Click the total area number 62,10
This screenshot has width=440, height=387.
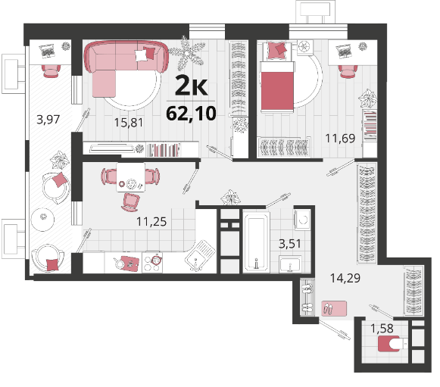pyautogui.click(x=191, y=114)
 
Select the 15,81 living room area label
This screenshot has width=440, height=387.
pyautogui.click(x=129, y=123)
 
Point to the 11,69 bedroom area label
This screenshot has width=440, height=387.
pyautogui.click(x=340, y=139)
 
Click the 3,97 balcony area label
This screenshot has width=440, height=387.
pyautogui.click(x=48, y=120)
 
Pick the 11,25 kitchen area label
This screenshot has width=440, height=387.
pyautogui.click(x=151, y=222)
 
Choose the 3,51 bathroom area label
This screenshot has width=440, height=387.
pyautogui.click(x=290, y=244)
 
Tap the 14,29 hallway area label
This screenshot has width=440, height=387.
pyautogui.click(x=345, y=278)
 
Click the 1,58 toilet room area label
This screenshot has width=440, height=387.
pyautogui.click(x=382, y=329)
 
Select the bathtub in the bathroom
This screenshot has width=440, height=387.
pyautogui.click(x=256, y=242)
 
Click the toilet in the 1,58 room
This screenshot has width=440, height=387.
pyautogui.click(x=392, y=344)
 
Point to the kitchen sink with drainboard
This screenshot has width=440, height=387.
pyautogui.click(x=200, y=255)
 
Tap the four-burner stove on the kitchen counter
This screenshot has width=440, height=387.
pyautogui.click(x=152, y=262)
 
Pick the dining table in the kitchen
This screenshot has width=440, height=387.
pyautogui.click(x=131, y=177)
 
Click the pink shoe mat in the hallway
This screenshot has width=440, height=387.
pyautogui.click(x=334, y=308)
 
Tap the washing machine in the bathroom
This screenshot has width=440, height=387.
pyautogui.click(x=302, y=220)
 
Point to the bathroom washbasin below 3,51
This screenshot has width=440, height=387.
pyautogui.click(x=290, y=264)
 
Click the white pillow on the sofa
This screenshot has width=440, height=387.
pyautogui.click(x=141, y=55)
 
